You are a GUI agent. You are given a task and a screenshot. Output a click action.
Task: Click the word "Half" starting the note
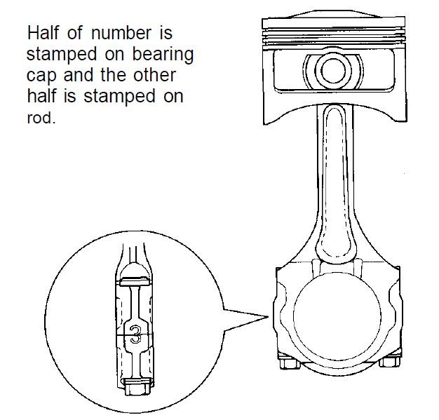(x=43, y=33)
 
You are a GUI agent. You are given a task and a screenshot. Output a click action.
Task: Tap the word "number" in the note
(x=121, y=33)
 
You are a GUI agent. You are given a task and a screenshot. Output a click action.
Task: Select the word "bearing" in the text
(x=163, y=55)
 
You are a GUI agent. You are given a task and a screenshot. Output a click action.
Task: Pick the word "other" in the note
(x=154, y=75)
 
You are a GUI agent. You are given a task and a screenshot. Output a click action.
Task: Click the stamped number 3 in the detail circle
(x=135, y=334)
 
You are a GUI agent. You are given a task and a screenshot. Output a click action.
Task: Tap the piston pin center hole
(x=333, y=71)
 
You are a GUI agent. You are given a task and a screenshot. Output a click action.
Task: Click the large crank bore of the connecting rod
(x=337, y=316)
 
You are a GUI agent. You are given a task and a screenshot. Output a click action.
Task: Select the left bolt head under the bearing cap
(x=290, y=363)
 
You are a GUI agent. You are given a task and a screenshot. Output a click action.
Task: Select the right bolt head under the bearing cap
(x=389, y=362)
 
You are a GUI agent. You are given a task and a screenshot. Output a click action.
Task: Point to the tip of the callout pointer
(x=268, y=317)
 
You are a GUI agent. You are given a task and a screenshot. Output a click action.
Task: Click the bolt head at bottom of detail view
(x=138, y=387)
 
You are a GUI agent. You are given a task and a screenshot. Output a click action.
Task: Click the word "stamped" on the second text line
(x=62, y=54)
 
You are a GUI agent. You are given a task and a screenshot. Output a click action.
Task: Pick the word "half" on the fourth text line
(x=41, y=96)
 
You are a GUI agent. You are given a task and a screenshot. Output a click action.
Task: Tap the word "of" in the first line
(x=75, y=33)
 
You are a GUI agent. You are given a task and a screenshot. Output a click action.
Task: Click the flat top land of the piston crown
(x=333, y=23)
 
